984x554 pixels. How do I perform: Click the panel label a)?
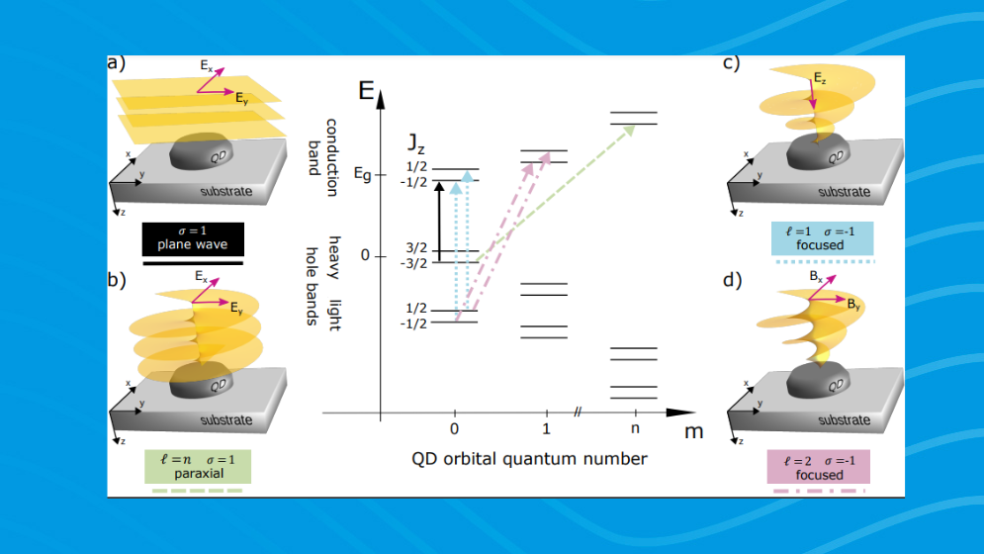click(x=117, y=64)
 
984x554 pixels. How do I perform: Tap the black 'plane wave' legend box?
click(x=192, y=237)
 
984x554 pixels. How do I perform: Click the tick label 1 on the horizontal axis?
click(x=546, y=431)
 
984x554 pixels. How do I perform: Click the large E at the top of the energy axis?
click(x=367, y=94)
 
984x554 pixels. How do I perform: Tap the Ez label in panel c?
click(x=820, y=76)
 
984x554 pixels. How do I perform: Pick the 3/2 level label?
click(x=416, y=247)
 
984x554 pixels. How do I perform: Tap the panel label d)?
click(x=733, y=280)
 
